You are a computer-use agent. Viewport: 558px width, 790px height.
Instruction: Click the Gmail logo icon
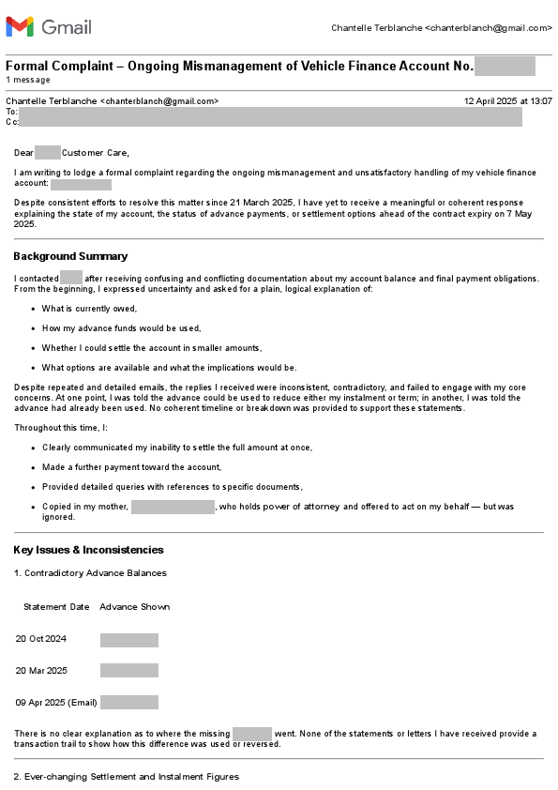[x=20, y=26]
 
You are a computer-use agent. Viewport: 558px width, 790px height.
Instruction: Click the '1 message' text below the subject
[x=28, y=80]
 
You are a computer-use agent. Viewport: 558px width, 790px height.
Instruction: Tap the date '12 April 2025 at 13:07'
[x=507, y=100]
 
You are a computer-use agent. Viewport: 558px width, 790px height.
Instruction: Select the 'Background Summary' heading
[x=70, y=256]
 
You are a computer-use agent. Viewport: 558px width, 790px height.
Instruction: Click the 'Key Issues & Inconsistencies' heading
[x=88, y=550]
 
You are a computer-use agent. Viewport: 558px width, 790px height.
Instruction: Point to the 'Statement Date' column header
[x=56, y=607]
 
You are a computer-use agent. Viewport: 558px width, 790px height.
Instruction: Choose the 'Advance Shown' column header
[x=135, y=607]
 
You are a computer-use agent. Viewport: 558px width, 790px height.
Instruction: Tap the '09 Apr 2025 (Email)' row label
[x=56, y=703]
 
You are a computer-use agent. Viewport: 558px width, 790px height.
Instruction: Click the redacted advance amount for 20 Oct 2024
[x=129, y=640]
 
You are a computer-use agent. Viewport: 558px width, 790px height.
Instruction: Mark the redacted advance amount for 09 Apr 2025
[x=129, y=703]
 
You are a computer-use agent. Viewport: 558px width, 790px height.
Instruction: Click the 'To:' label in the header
[x=11, y=111]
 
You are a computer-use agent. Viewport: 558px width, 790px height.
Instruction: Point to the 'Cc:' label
[x=11, y=121]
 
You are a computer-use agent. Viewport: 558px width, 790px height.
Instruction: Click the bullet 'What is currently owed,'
[x=90, y=309]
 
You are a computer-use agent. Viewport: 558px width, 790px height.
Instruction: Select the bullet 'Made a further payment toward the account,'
[x=131, y=467]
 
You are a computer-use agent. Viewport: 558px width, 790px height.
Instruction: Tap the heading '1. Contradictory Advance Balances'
[x=90, y=572]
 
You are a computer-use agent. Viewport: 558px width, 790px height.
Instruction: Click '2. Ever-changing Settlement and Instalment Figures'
[x=126, y=777]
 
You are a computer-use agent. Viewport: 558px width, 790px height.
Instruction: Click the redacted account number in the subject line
[x=505, y=66]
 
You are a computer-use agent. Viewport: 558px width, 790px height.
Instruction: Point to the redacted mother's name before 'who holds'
[x=173, y=507]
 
